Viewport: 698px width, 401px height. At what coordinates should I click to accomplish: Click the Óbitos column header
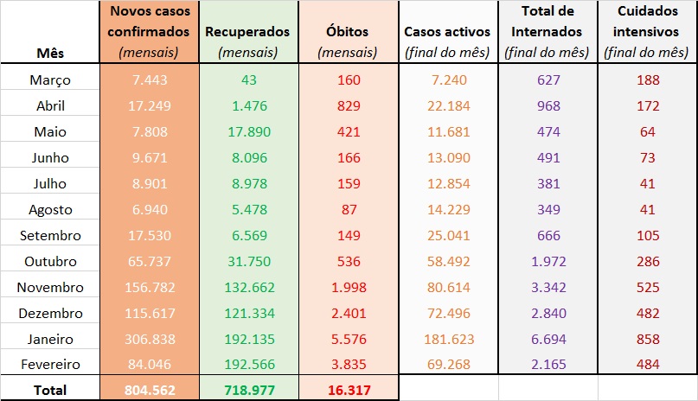tap(348, 32)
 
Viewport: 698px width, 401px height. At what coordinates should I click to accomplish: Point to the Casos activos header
tap(447, 32)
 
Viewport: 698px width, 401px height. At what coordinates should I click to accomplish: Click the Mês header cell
tap(50, 53)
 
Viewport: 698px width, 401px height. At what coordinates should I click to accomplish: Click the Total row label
tap(50, 390)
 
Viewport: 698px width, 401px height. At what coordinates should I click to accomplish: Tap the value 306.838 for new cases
tap(150, 340)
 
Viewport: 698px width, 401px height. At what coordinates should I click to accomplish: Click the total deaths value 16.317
tap(348, 390)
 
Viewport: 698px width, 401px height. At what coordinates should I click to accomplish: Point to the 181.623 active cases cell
tap(447, 340)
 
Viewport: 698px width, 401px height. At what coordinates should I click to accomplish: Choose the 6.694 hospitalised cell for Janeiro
tap(547, 340)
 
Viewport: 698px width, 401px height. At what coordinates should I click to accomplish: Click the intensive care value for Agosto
tap(647, 210)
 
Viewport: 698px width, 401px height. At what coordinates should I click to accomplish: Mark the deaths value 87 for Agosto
tap(348, 210)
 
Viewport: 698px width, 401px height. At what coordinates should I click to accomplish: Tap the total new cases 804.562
tap(150, 390)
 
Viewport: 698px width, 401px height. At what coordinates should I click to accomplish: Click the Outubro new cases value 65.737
tap(150, 262)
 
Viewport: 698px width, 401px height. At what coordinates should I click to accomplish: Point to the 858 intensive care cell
tap(647, 340)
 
